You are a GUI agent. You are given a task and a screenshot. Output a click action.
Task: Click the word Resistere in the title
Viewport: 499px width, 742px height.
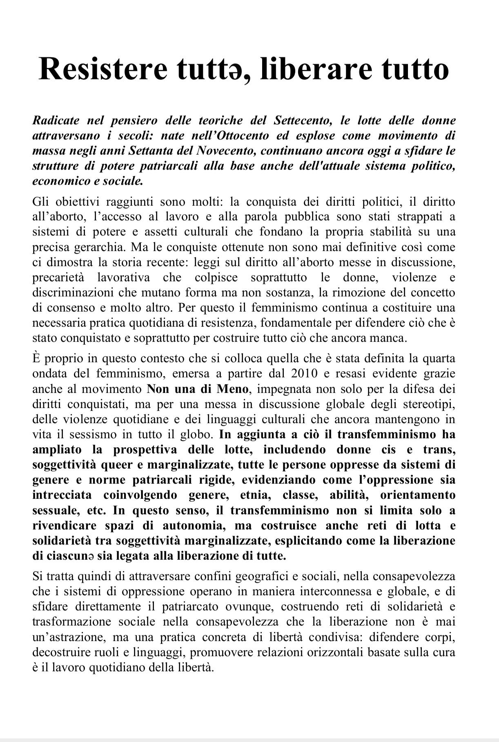pyautogui.click(x=102, y=69)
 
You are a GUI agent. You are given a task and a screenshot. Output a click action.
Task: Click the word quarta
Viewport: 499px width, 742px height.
pyautogui.click(x=438, y=359)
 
